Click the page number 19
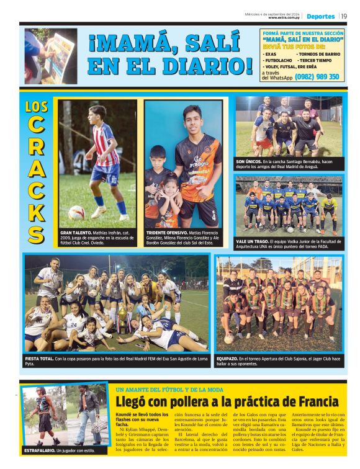[x=344, y=16]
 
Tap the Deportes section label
[x=320, y=16]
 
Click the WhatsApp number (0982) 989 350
[x=317, y=77]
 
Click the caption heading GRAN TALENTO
[x=75, y=232]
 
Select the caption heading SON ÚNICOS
[x=248, y=161]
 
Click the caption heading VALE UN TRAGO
[x=251, y=240]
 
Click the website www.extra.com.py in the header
[x=284, y=18]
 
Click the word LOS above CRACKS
[x=37, y=107]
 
